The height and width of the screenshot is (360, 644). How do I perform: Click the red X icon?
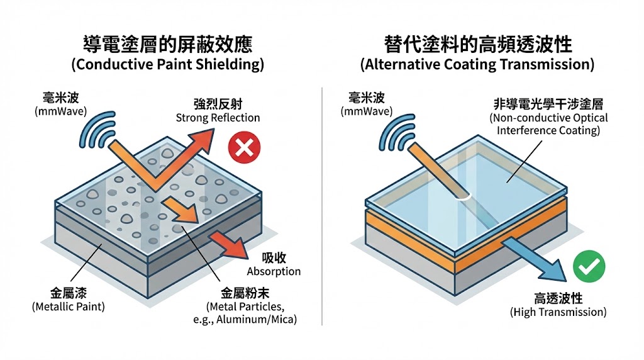(x=243, y=148)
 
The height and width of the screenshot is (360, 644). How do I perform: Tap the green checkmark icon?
(x=589, y=267)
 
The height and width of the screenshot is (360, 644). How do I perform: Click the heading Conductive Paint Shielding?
(x=167, y=64)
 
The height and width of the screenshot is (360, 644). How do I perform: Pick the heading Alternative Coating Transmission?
(x=477, y=64)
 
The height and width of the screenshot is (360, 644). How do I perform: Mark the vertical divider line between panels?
(x=322, y=208)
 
